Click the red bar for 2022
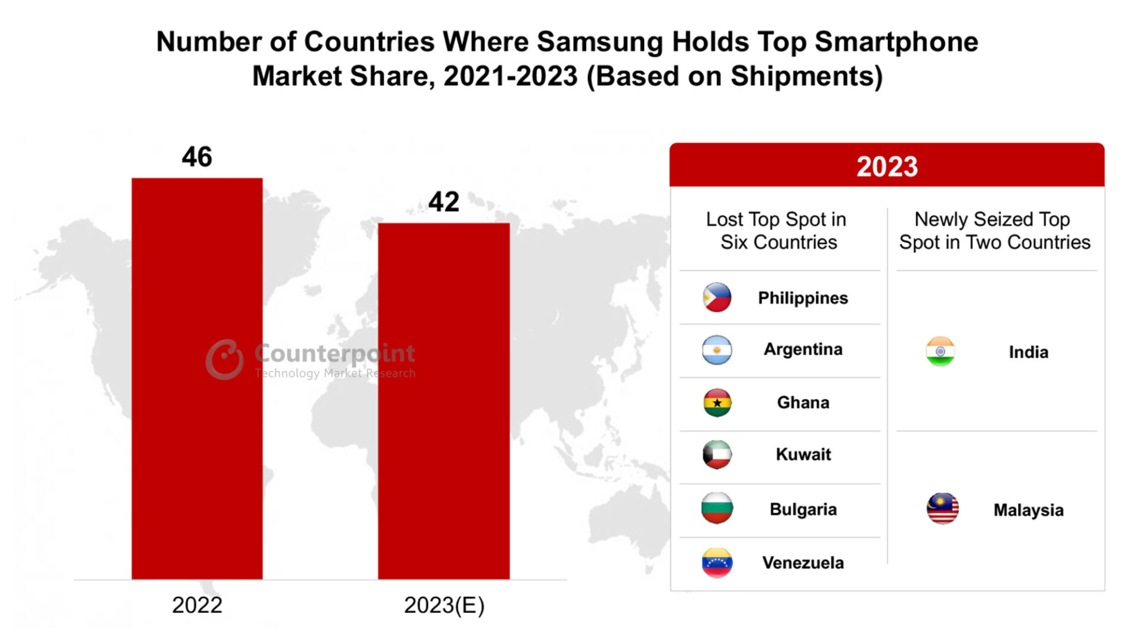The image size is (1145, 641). [197, 378]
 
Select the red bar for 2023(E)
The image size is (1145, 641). [444, 401]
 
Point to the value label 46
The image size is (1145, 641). [197, 157]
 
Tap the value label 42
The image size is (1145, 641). [444, 202]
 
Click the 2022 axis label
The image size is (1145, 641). [197, 605]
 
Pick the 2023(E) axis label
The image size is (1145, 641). [444, 605]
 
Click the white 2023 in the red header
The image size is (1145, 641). [887, 166]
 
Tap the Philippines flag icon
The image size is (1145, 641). [717, 297]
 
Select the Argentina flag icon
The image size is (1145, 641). [717, 349]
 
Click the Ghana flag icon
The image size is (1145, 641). [717, 402]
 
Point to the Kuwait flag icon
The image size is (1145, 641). [717, 454]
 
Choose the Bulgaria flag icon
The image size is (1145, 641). [717, 508]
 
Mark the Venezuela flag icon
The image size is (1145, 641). [717, 562]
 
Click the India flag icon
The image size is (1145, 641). [940, 351]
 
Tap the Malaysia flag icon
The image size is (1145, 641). [942, 509]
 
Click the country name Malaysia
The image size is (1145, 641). [1028, 510]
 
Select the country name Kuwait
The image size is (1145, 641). [803, 454]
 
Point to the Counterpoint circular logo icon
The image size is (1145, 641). [225, 359]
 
